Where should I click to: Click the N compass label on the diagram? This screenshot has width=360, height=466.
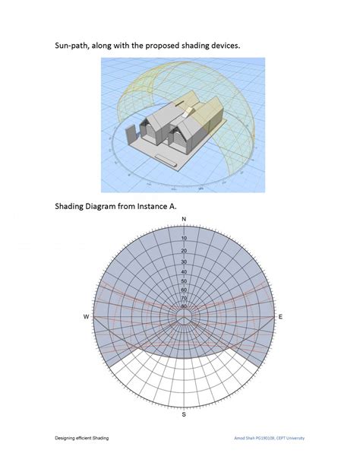pos(184,220)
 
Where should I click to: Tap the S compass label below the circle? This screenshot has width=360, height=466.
pos(184,416)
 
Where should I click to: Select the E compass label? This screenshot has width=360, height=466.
pos(282,316)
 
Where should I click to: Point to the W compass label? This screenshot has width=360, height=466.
pos(86,316)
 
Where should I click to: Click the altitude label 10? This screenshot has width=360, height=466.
pos(184,238)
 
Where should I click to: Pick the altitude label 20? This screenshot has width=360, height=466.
pos(184,250)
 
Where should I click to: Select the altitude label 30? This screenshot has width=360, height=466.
pos(184,262)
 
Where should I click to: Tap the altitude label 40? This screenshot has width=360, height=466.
pos(184,272)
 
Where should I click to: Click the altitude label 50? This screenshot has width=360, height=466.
pos(184,281)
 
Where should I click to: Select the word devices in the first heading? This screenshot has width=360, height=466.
pos(221,46)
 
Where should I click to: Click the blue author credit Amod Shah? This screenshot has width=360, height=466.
pos(254,439)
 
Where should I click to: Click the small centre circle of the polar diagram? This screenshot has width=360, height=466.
pos(184,316)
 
